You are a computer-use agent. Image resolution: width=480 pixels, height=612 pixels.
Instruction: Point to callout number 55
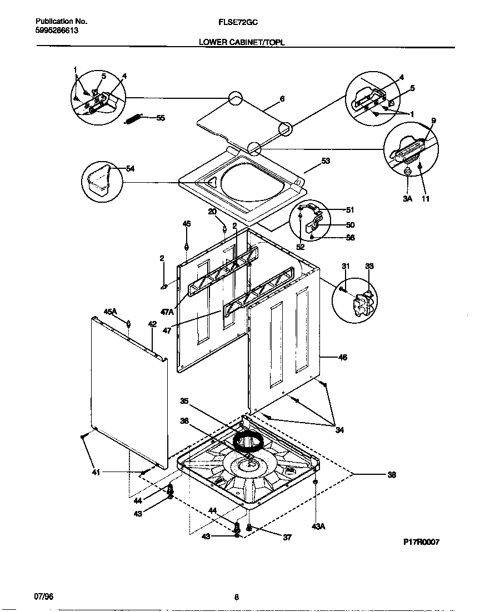coord(160,118)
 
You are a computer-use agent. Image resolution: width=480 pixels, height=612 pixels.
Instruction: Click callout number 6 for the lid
coord(282,99)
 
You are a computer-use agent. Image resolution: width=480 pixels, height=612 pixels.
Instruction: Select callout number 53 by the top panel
coord(326,162)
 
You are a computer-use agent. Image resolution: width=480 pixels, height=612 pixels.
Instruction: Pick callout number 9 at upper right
coord(433,121)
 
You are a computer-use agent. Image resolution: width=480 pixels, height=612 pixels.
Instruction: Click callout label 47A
coord(167,313)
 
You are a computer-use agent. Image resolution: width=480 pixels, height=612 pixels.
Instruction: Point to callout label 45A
coord(111,313)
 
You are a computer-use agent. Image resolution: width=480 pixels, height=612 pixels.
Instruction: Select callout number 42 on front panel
coord(152,323)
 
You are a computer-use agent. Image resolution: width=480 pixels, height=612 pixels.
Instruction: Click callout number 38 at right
coord(391,475)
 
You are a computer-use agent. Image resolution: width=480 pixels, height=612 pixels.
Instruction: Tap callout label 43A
coord(318,526)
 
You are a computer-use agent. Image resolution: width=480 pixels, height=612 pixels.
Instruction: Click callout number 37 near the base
coord(287,537)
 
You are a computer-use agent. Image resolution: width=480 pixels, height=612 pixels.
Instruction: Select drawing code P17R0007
coord(422,542)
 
